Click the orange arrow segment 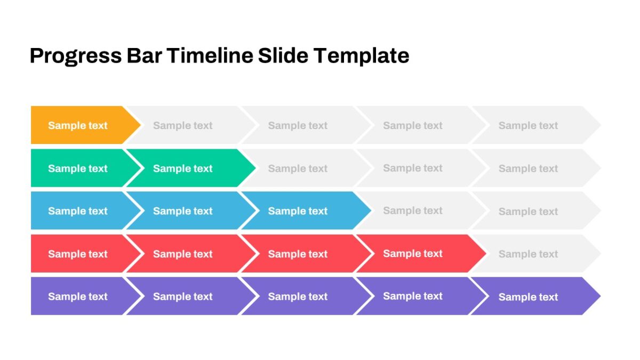(83, 125)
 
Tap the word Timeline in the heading (210, 55)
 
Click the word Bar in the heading (145, 55)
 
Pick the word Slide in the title (283, 55)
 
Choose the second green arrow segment (190, 168)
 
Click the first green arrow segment (83, 168)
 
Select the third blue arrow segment (306, 211)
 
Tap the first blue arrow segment (83, 211)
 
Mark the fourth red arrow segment (421, 253)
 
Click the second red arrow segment (190, 253)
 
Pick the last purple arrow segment (535, 297)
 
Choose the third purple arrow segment (306, 297)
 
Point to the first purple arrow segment (83, 297)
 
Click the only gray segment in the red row (535, 253)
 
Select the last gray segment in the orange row (535, 125)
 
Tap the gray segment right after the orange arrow (190, 125)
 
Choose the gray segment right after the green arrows (306, 168)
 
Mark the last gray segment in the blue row (535, 211)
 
